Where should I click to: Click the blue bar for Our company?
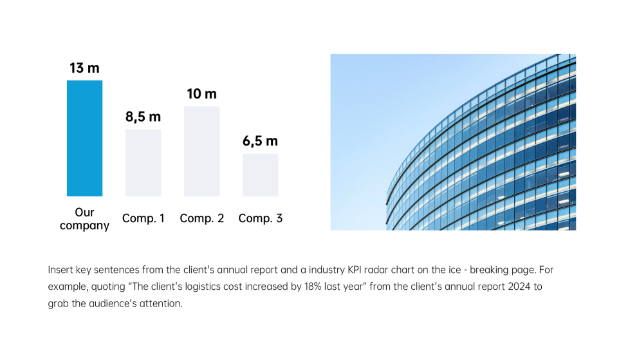coord(84,138)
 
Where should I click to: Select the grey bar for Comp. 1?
coord(143,163)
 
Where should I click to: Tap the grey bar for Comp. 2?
coord(201,151)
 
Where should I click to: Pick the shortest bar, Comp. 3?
coord(261,175)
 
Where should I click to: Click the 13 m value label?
coord(84,68)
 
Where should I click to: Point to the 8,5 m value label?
coord(143,117)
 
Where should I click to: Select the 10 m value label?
coord(201,94)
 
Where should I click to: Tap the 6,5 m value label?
coord(261,141)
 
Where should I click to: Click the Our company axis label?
coord(84,219)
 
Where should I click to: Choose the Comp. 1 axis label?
coord(143,218)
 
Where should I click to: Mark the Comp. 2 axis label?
coord(201,218)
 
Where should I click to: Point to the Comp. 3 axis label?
coord(261,218)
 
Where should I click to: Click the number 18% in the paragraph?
coord(313,287)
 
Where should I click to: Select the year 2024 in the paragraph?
coord(519,287)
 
